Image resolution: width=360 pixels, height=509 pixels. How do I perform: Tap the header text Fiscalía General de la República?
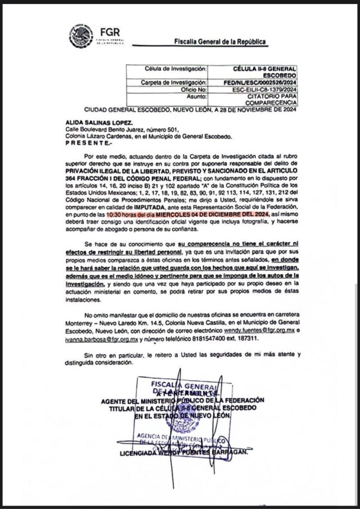[220, 42]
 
